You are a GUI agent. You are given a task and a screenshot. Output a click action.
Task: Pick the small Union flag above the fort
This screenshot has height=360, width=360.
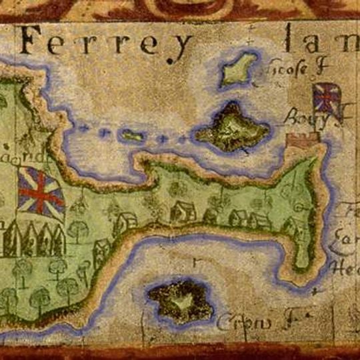327,99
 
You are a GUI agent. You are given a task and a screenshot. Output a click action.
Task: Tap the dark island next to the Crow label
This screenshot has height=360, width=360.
180,300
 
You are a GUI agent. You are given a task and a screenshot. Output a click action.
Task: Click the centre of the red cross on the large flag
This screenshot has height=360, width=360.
40,192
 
